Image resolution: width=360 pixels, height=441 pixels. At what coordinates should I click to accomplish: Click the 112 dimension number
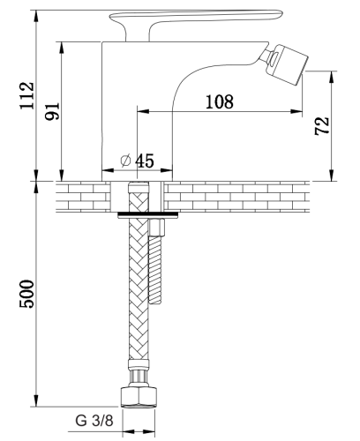(x=26, y=96)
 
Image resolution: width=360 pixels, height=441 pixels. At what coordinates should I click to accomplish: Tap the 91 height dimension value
(x=52, y=111)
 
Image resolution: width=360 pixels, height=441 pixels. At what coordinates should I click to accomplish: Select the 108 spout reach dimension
(x=220, y=101)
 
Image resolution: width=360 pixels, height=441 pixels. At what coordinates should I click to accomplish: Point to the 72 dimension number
(x=321, y=126)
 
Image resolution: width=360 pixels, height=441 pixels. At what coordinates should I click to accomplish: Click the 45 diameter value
(x=145, y=161)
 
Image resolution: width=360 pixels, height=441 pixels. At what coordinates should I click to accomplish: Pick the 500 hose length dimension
(x=26, y=294)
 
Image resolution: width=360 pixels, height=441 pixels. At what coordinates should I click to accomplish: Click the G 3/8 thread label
(x=94, y=421)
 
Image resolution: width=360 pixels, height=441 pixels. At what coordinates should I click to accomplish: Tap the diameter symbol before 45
(x=125, y=161)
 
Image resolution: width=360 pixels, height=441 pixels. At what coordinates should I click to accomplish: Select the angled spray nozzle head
(x=287, y=64)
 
